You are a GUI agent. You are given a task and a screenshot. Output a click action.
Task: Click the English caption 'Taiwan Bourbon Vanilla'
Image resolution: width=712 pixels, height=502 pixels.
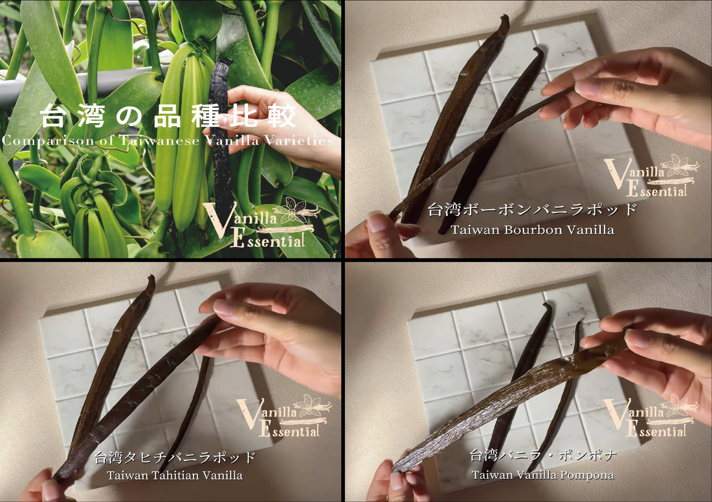point(532,230)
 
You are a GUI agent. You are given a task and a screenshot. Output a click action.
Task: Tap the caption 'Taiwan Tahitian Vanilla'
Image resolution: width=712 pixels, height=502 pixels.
point(175,475)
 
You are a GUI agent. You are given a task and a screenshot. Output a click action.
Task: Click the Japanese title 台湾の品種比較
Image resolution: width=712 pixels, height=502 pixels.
point(167,117)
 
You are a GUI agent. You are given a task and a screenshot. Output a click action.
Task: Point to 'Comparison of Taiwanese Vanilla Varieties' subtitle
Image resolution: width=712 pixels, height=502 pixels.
point(167,140)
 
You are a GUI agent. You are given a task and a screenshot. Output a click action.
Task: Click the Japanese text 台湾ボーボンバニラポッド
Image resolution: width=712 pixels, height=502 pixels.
point(532,211)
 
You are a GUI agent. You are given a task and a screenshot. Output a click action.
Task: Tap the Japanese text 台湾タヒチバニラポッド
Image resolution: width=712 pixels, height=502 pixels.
point(175,458)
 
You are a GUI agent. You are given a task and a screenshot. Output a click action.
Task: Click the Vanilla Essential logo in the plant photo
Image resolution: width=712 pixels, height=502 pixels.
point(261,222)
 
